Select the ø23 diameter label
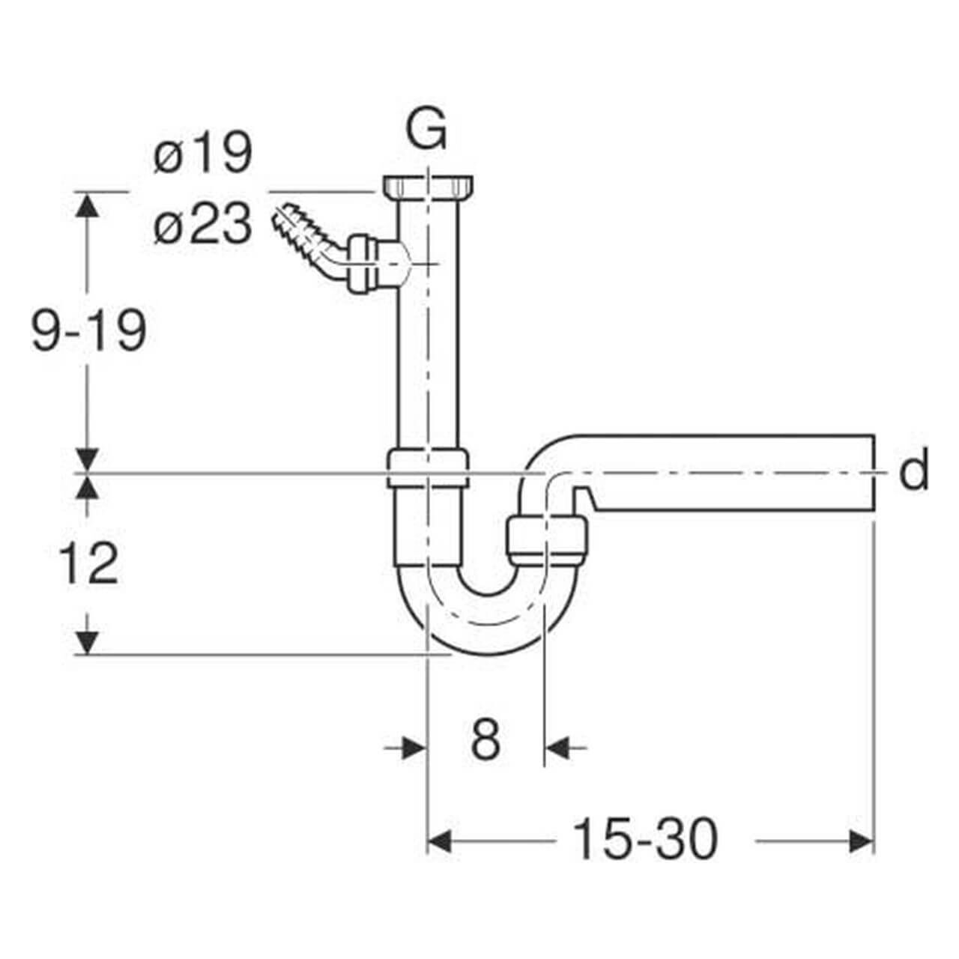[202, 225]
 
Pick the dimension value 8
[485, 740]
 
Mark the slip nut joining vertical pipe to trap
[428, 468]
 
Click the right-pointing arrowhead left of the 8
[412, 747]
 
